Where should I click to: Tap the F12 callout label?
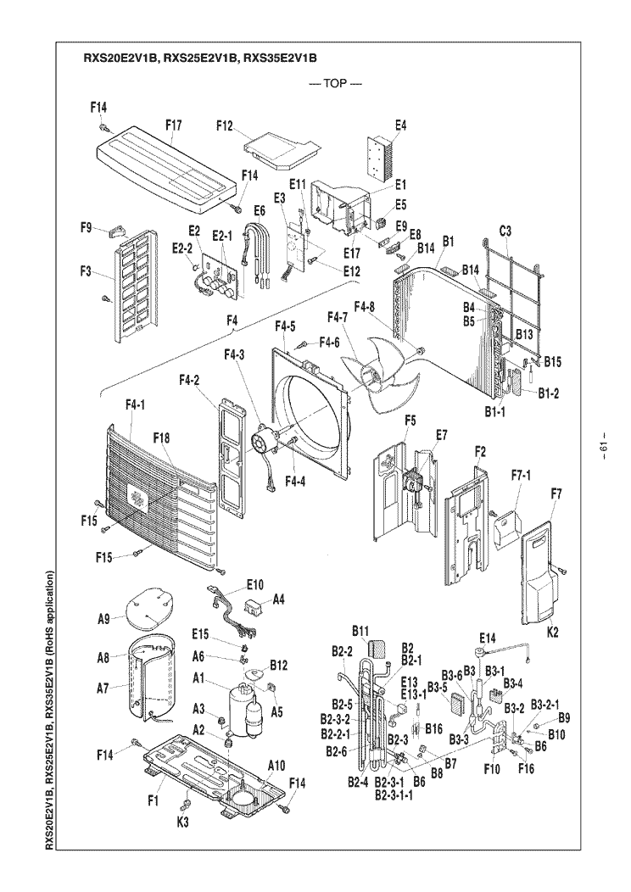[224, 125]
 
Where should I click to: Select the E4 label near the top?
[401, 125]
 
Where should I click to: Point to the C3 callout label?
[505, 230]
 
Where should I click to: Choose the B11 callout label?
[361, 631]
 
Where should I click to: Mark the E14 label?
[487, 637]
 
